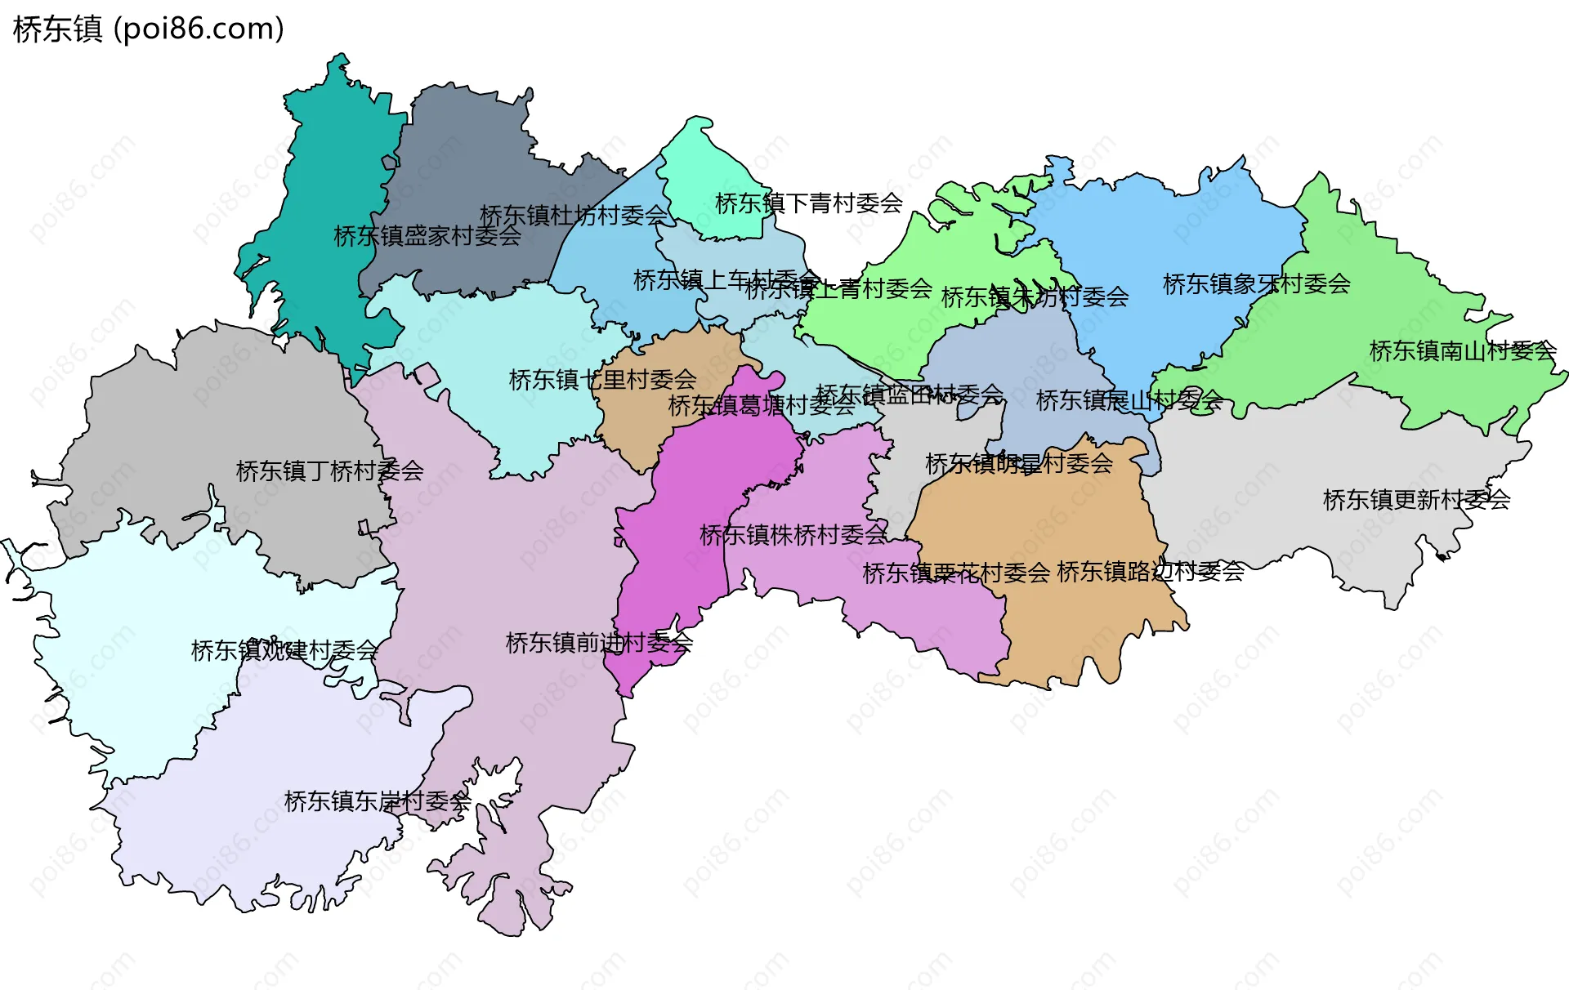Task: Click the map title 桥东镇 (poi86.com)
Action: pos(149,29)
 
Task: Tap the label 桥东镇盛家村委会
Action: pos(427,236)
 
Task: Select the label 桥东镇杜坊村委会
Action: pos(574,216)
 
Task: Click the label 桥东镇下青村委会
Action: pos(808,203)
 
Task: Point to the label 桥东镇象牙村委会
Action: pos(1256,284)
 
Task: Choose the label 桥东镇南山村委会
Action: pos(1462,351)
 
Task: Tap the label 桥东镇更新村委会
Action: pos(1416,499)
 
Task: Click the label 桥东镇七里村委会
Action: pos(602,380)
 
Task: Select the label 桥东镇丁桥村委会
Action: pos(329,471)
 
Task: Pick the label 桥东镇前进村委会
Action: pos(599,643)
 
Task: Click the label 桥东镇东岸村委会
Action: pos(378,801)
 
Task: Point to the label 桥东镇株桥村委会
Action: pos(793,535)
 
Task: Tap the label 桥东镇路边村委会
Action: pos(1150,572)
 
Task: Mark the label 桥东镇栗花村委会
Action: pos(955,573)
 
